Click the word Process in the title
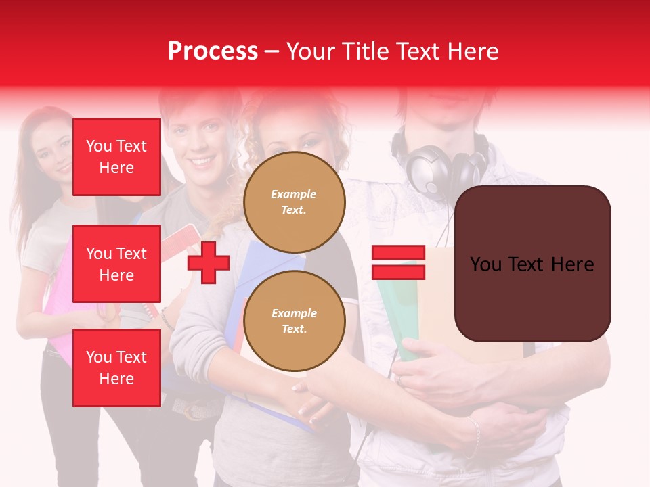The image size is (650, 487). click(213, 51)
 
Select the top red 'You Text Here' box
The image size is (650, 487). click(116, 157)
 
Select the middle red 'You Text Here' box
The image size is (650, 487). click(116, 264)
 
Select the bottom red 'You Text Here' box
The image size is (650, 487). click(116, 368)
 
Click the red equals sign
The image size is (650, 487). click(398, 263)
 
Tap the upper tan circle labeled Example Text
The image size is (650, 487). click(294, 202)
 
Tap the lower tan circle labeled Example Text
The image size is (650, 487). click(294, 321)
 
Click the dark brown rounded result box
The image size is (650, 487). click(532, 264)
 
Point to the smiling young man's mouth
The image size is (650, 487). click(200, 162)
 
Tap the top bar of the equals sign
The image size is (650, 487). click(398, 254)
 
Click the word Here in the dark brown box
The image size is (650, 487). click(572, 264)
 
